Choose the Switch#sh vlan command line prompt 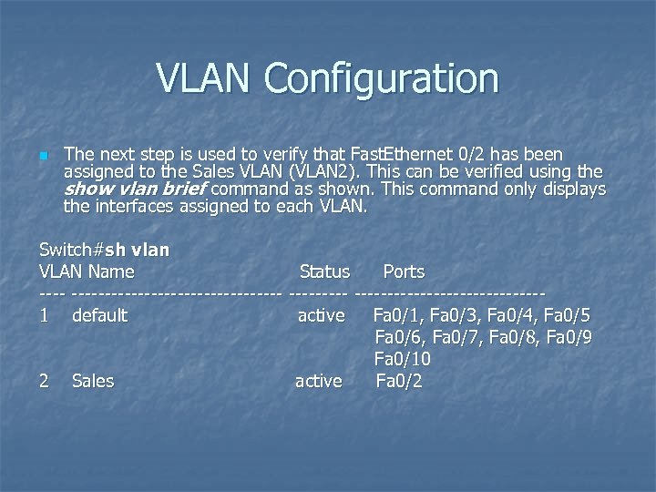point(105,249)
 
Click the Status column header point(324,272)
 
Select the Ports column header point(404,272)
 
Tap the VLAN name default point(99,316)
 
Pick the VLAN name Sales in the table point(93,381)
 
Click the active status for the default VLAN point(321,316)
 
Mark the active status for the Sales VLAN point(319,381)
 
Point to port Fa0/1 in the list point(397,316)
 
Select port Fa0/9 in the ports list point(570,338)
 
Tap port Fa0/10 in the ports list point(403,360)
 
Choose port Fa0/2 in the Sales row point(399,381)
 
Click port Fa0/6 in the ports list point(398,338)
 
